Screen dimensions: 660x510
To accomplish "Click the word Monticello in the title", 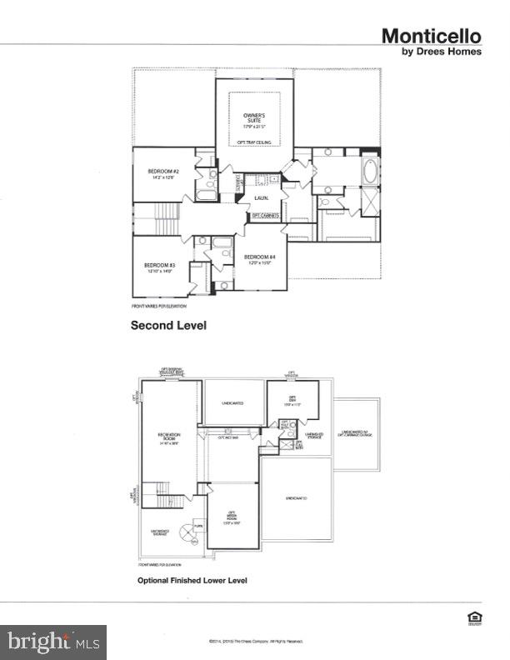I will pyautogui.click(x=431, y=36).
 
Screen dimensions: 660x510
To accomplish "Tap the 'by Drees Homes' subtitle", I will pyautogui.click(x=442, y=51).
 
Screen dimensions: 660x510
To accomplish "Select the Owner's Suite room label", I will pyautogui.click(x=254, y=119).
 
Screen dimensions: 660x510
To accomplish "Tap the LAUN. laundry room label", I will pyautogui.click(x=261, y=198).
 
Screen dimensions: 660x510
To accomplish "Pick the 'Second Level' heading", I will pyautogui.click(x=167, y=326).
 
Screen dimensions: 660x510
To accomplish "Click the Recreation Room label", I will pyautogui.click(x=169, y=438).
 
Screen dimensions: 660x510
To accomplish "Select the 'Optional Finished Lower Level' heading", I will pyautogui.click(x=192, y=580).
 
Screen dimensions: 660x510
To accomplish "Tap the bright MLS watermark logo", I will pyautogui.click(x=53, y=642).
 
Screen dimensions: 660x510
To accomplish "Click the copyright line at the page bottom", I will pyautogui.click(x=255, y=641).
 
